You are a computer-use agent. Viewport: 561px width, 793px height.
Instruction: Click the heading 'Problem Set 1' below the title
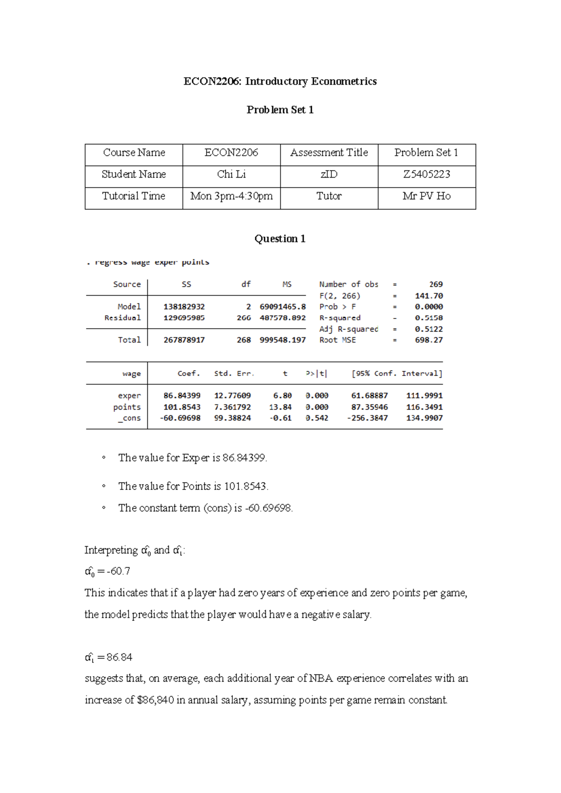click(280, 110)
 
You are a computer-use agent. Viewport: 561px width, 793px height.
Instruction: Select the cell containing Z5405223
click(426, 174)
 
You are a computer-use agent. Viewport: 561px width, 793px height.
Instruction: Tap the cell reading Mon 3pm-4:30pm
click(231, 196)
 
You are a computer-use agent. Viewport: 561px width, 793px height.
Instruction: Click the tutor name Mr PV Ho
click(426, 196)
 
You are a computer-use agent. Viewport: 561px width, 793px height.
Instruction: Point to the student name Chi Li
click(231, 174)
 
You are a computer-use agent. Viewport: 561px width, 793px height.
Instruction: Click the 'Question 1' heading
click(280, 239)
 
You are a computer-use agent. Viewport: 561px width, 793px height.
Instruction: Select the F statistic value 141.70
click(429, 296)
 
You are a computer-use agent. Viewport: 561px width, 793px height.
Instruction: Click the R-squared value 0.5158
click(429, 318)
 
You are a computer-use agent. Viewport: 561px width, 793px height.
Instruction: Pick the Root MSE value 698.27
click(429, 340)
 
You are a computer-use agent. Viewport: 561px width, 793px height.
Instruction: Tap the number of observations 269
click(436, 284)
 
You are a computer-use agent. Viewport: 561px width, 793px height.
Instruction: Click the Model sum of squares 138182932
click(184, 307)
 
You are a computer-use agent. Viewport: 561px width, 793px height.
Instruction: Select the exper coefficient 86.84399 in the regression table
click(182, 396)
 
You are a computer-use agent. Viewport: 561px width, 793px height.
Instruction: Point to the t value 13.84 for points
click(280, 407)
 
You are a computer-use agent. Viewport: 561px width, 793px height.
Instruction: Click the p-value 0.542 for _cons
click(317, 418)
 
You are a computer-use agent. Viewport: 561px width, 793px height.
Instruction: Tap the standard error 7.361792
click(232, 407)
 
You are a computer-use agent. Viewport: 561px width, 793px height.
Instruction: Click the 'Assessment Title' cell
click(329, 153)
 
